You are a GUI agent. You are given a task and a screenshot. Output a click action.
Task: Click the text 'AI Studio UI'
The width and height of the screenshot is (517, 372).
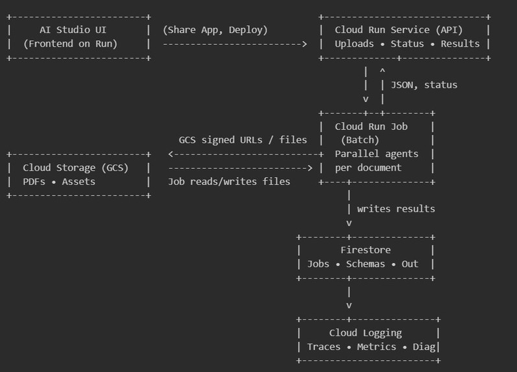73,30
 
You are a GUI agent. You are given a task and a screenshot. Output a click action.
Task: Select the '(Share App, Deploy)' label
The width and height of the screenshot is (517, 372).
215,30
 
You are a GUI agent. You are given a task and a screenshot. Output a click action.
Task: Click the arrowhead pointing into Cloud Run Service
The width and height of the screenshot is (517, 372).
304,44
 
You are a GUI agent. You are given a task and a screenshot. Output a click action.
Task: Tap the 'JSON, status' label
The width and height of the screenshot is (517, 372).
424,85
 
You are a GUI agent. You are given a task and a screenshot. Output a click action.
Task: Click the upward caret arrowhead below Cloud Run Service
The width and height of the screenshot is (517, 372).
383,71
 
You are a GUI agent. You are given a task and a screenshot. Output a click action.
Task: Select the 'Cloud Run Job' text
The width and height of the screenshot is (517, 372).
371,127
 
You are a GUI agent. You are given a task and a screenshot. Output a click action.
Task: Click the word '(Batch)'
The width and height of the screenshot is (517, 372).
360,140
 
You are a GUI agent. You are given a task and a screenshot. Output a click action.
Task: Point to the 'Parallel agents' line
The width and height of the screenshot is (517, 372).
376,154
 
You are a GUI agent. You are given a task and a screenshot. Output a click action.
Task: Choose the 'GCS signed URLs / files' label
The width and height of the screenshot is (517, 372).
243,140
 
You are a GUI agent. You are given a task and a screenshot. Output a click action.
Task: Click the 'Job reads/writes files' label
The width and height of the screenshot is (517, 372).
229,182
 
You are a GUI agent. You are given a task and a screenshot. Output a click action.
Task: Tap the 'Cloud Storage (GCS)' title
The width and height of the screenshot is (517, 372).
75,167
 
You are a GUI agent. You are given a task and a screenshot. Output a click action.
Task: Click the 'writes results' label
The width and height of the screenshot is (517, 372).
396,209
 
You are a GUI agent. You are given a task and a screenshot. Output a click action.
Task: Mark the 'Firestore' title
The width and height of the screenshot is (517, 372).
365,250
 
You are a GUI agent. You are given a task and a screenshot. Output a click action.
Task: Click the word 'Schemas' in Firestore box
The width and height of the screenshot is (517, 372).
365,264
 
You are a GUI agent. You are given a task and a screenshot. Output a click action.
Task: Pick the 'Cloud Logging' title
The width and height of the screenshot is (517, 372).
365,333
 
